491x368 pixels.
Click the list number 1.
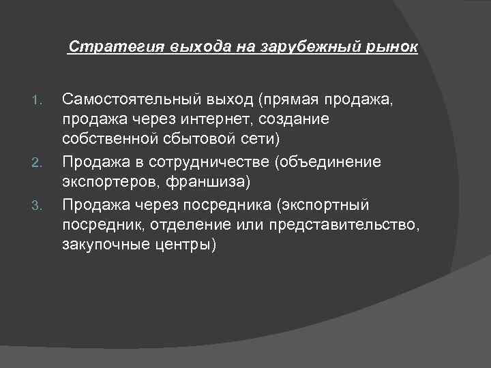point(38,103)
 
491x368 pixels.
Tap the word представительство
point(342,226)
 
